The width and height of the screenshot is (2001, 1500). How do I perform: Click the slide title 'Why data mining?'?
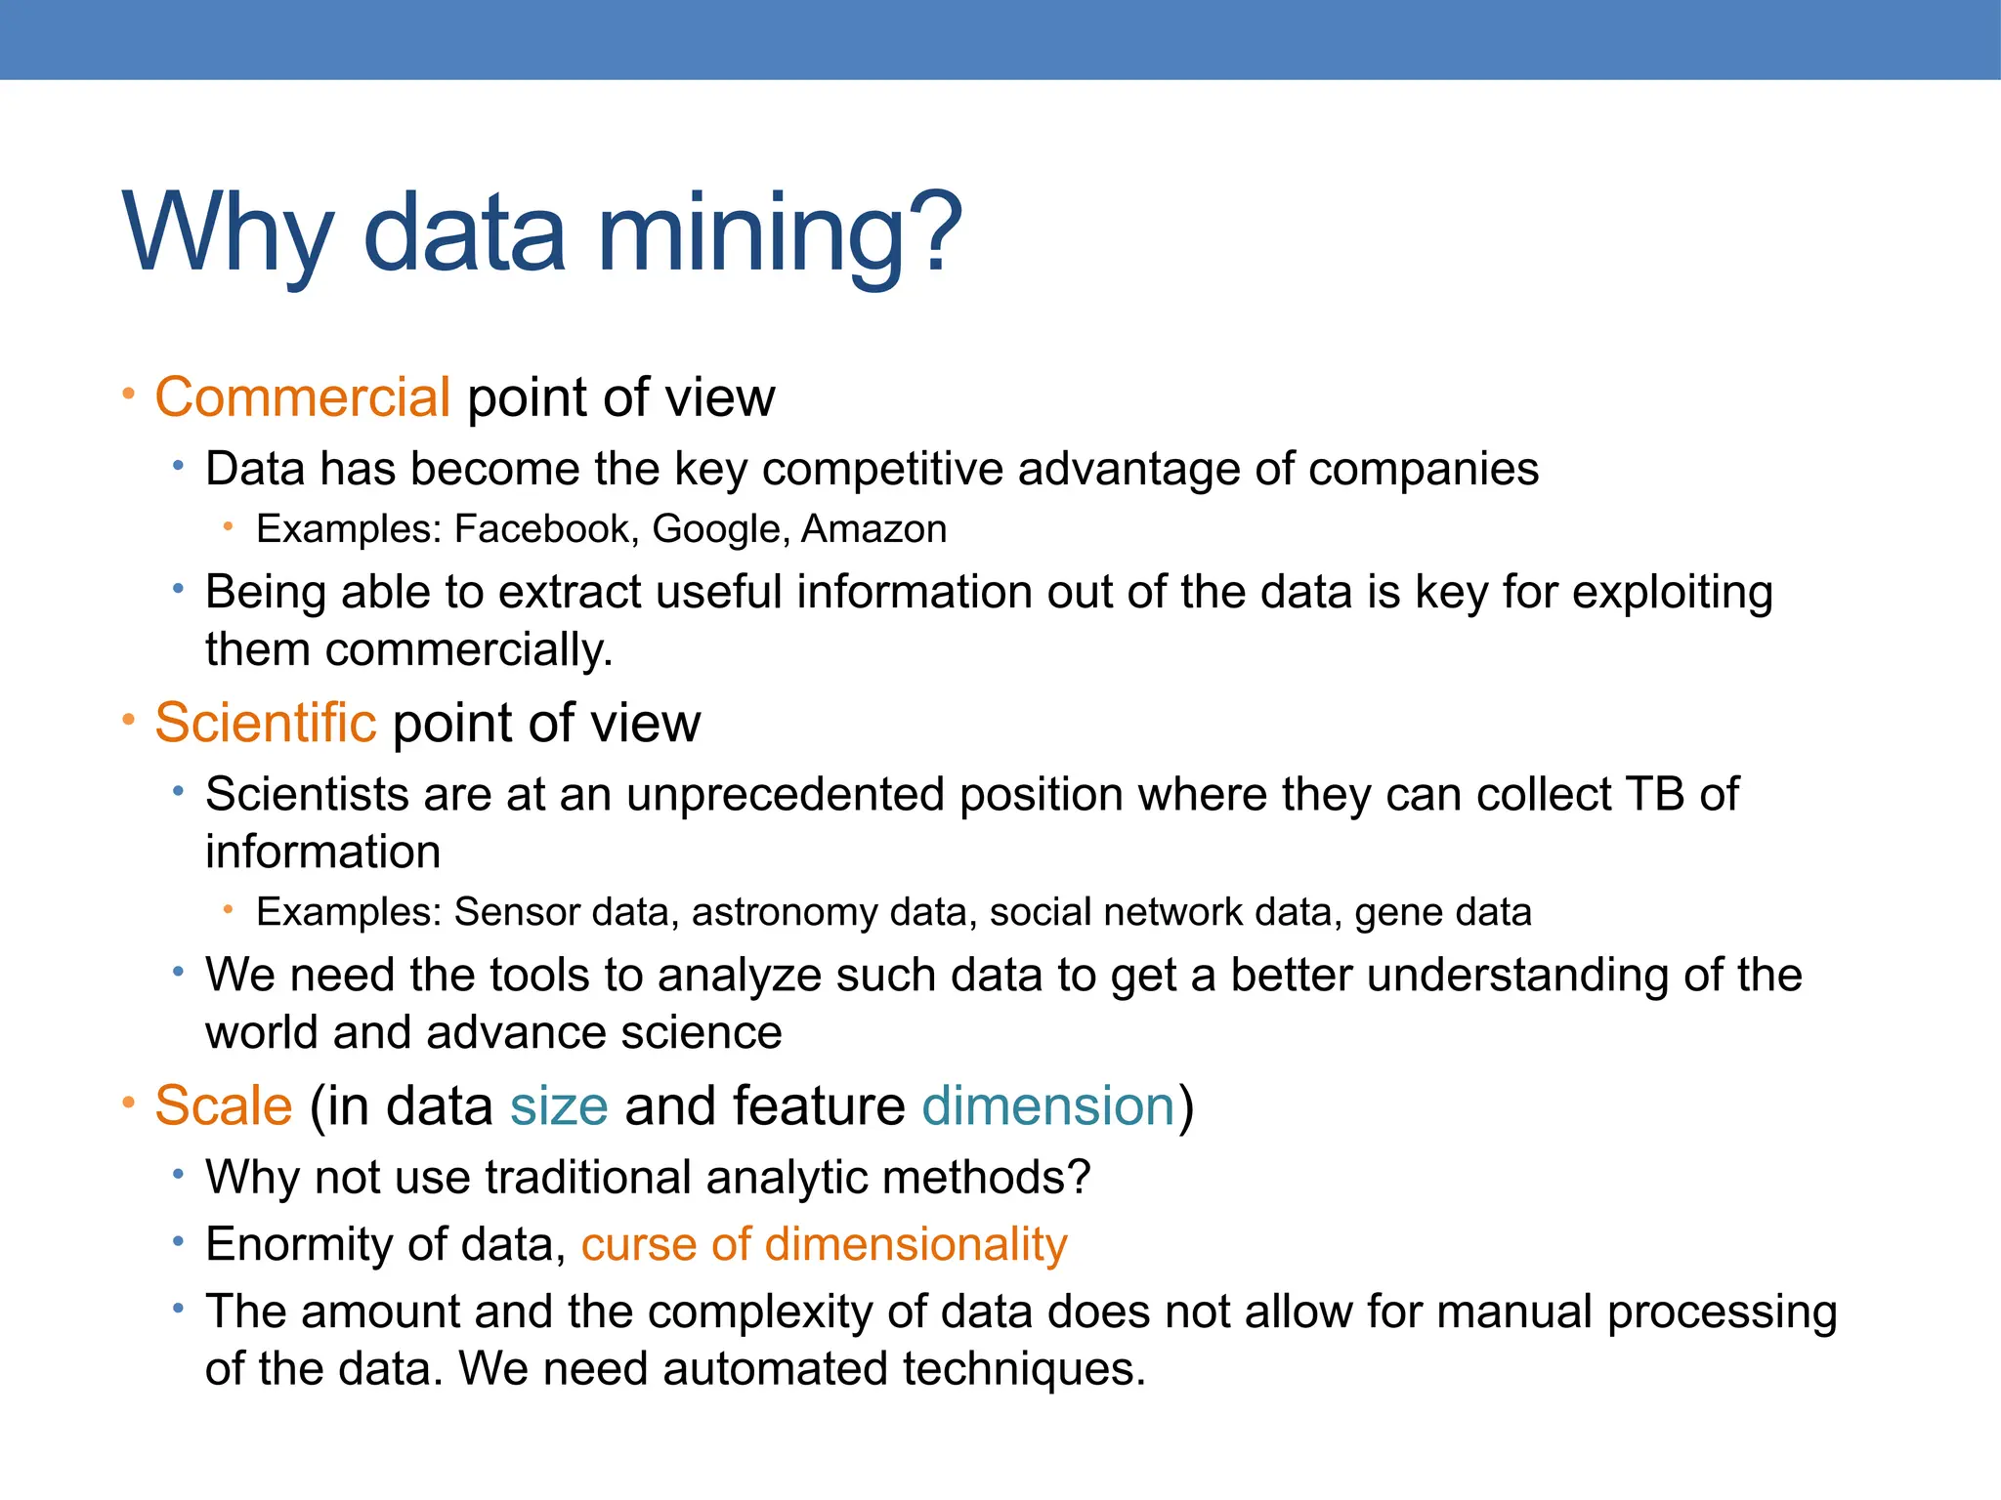543,234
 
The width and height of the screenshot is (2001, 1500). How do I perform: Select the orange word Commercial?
302,398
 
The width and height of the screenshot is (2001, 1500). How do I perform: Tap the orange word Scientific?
265,724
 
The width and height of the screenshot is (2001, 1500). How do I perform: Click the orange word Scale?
224,1106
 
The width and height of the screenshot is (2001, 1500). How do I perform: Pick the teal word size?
559,1107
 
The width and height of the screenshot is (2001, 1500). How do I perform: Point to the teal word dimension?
1048,1106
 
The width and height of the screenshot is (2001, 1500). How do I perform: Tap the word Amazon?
873,529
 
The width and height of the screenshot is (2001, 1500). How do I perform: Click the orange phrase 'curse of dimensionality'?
824,1245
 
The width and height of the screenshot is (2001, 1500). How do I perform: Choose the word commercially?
468,650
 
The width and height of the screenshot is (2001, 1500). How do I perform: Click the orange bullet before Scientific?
128,721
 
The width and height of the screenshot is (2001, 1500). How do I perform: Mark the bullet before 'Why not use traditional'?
178,1175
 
